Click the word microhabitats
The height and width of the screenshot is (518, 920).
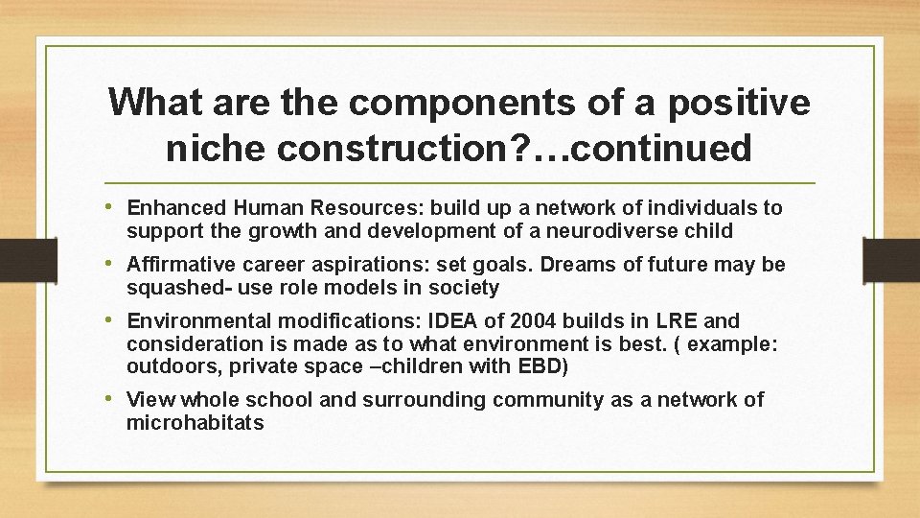tap(195, 423)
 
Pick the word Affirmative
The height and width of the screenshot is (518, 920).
tap(180, 264)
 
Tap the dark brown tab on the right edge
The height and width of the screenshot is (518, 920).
tap(890, 259)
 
